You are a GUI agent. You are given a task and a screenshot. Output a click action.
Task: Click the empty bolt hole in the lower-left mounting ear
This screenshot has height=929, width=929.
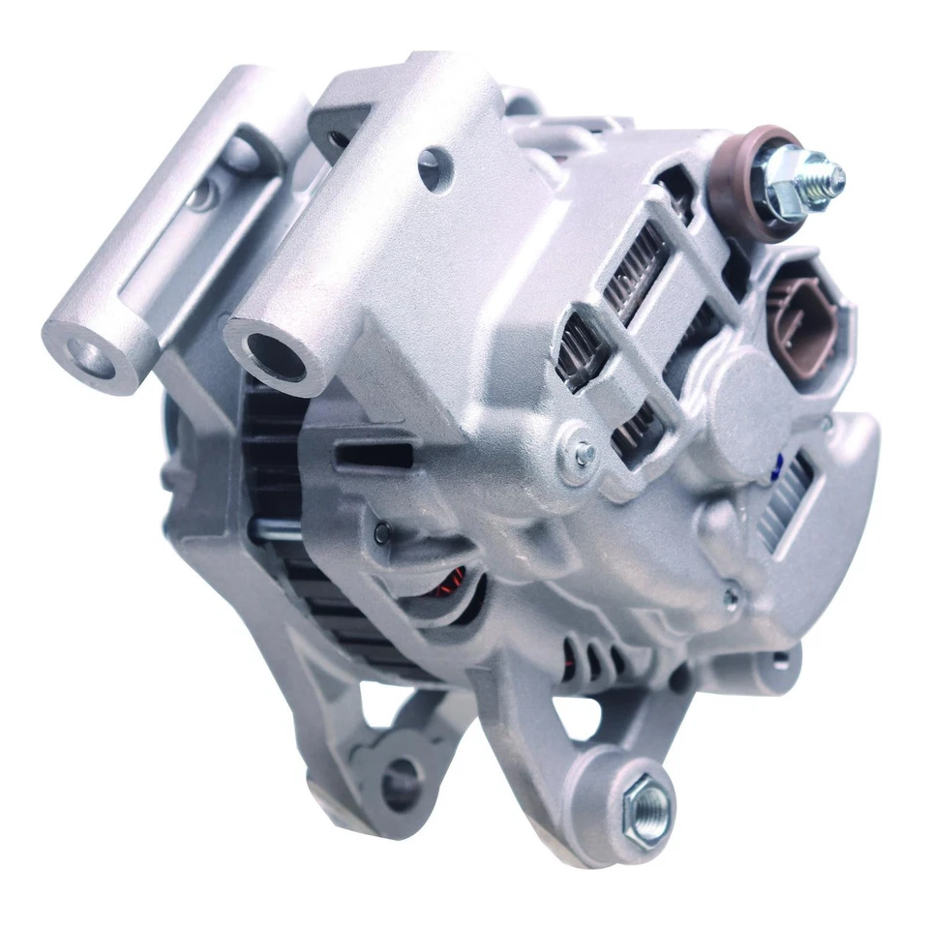(x=398, y=781)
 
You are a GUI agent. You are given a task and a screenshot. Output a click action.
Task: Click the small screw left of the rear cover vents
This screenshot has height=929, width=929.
(x=584, y=452)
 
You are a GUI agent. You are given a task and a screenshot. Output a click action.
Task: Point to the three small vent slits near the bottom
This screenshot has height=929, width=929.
(x=590, y=659)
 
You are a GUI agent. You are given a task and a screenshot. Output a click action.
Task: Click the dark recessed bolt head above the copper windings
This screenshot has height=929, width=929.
(x=383, y=527)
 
